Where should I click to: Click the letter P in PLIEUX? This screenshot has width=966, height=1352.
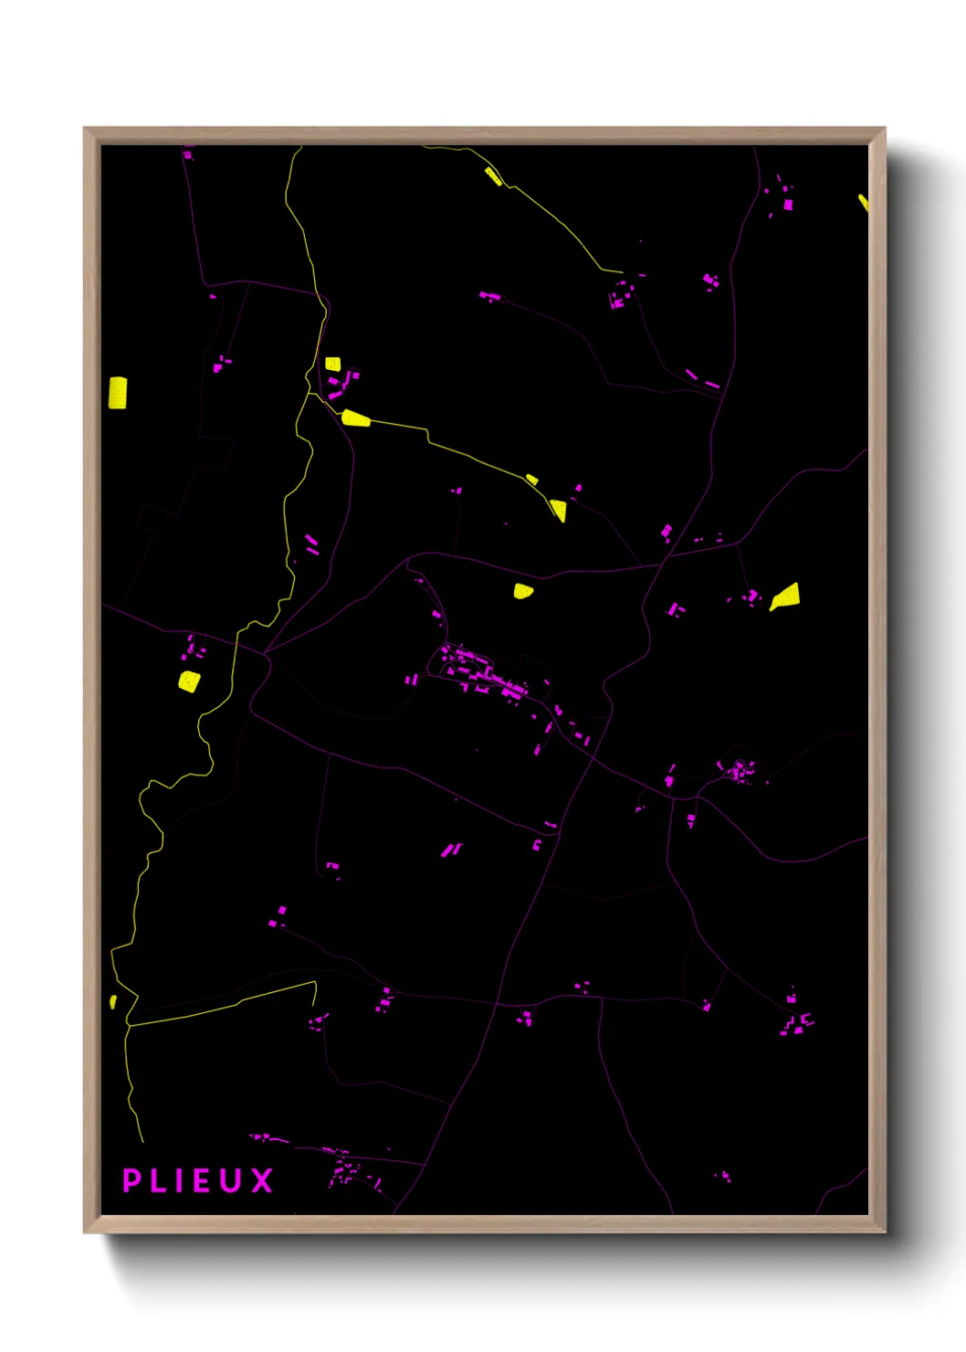click(x=132, y=1180)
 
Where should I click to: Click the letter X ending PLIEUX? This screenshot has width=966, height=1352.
click(x=262, y=1180)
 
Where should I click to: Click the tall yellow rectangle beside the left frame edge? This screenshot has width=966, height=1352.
click(x=118, y=392)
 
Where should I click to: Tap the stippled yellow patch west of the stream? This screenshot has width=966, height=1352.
click(x=188, y=681)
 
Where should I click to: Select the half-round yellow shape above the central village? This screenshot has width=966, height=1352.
click(x=522, y=590)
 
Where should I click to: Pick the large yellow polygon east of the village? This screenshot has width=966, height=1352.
click(x=786, y=597)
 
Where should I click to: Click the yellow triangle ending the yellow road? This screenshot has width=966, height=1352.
click(x=558, y=510)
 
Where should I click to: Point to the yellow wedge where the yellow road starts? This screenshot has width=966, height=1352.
click(x=355, y=418)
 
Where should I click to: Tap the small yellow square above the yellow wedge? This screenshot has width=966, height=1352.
click(x=332, y=364)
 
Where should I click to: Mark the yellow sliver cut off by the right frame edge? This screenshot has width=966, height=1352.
click(x=863, y=202)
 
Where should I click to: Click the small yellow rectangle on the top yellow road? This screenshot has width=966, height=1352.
click(x=493, y=176)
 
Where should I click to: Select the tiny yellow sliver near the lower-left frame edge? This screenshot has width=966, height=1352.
click(x=113, y=1001)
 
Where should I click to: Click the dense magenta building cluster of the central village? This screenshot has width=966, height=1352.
click(x=484, y=674)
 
